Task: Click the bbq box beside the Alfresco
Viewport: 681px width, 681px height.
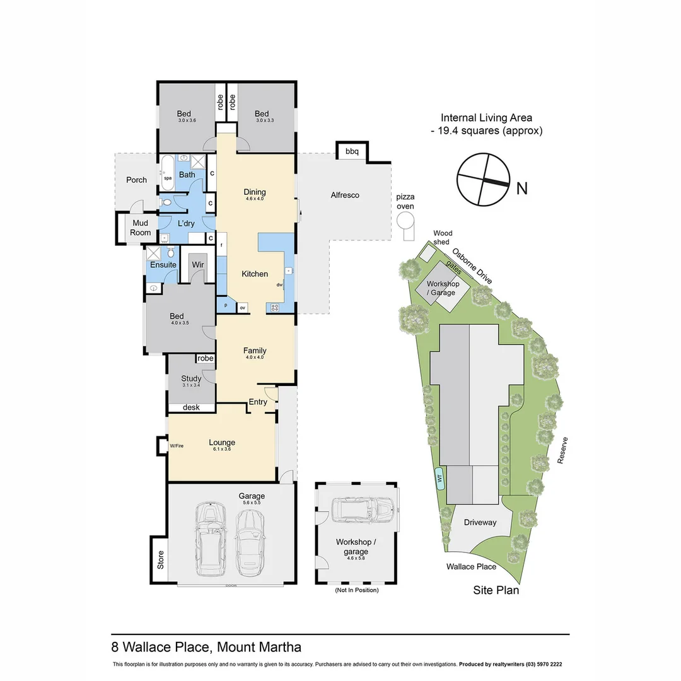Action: click(352, 151)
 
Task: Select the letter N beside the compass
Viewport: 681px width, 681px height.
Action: click(521, 188)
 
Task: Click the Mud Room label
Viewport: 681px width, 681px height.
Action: click(141, 228)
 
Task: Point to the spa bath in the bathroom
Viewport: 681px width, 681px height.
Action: click(168, 169)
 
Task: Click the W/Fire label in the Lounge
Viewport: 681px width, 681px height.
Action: click(176, 446)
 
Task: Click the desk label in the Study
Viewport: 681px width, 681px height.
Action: click(191, 407)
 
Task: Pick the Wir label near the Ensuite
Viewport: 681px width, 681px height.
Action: click(198, 264)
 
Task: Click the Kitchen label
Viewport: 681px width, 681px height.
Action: click(255, 274)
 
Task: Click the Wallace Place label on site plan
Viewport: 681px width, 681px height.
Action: click(471, 566)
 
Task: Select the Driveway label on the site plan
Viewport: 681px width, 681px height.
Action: click(480, 522)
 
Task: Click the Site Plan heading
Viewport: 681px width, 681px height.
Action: click(496, 590)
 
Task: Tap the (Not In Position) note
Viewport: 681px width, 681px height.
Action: click(356, 590)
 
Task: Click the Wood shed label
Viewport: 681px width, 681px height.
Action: click(442, 237)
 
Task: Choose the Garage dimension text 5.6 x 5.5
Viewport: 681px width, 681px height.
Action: click(251, 503)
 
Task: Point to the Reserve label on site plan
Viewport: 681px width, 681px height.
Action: click(563, 450)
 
